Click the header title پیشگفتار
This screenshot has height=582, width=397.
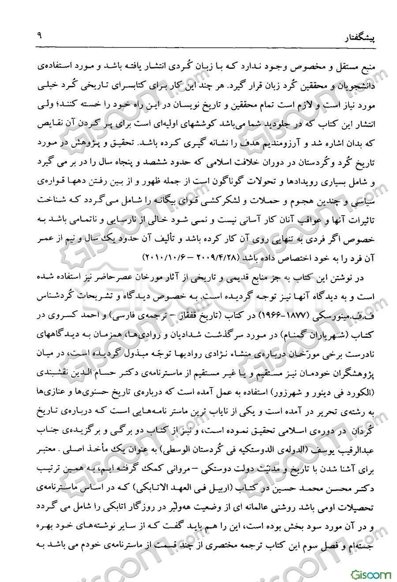360,39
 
